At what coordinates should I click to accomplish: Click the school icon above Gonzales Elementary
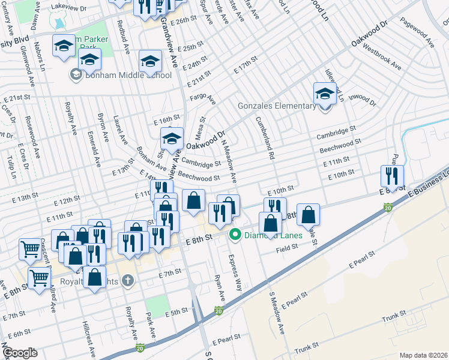tap(325, 94)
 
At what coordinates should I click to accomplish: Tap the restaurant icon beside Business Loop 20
tap(392, 176)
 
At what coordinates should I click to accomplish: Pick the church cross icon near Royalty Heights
tap(127, 280)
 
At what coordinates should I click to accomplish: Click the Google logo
tap(19, 353)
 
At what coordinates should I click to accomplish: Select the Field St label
tap(287, 250)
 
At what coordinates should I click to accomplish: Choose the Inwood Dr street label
tap(362, 99)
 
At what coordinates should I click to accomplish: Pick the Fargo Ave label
tap(202, 98)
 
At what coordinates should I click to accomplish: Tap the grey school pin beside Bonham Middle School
tap(76, 74)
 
